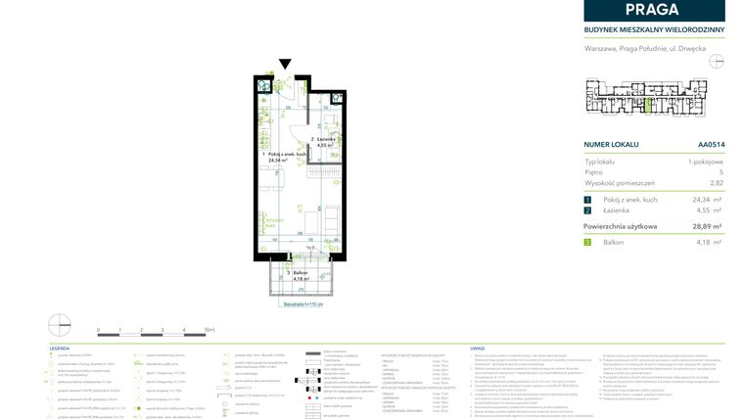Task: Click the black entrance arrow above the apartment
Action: point(284,65)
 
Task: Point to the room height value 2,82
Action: point(716,183)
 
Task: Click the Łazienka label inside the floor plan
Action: point(326,139)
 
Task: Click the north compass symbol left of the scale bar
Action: point(59,322)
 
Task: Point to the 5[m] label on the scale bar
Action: point(208,330)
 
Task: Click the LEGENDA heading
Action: point(60,349)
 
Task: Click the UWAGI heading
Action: point(478,349)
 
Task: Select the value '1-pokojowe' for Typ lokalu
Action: point(707,161)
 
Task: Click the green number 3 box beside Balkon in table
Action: point(587,241)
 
